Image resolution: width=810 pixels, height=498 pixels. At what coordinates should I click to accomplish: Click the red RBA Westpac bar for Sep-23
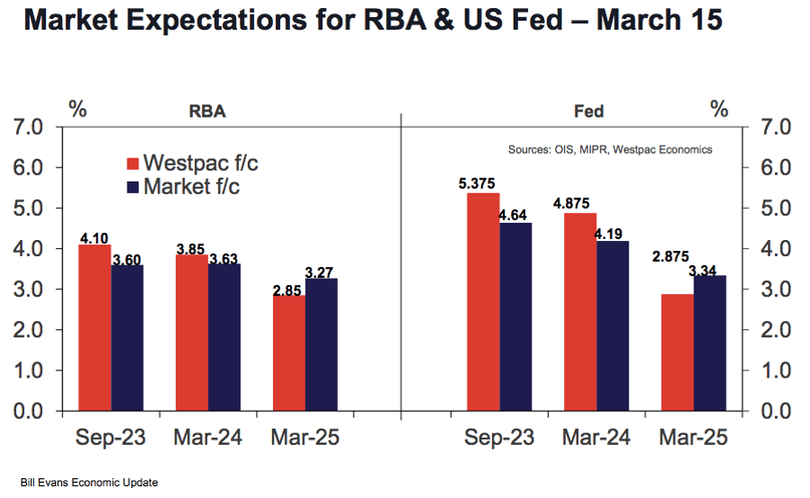coord(95,328)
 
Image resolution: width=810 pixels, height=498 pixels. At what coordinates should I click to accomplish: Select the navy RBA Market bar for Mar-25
coord(321,345)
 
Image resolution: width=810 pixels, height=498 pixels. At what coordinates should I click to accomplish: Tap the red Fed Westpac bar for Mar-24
coord(580,312)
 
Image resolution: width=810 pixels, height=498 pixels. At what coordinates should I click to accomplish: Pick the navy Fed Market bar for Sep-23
coord(515,317)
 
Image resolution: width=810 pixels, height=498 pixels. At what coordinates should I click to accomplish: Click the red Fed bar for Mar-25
coord(677,352)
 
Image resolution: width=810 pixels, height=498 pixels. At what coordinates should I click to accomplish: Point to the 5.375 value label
coord(477,183)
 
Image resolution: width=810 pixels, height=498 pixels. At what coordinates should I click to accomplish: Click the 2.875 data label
coord(671,256)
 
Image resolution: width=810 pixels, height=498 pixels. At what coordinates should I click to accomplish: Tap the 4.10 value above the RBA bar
coord(94,238)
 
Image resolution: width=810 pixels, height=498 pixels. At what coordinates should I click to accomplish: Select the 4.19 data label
coord(609,235)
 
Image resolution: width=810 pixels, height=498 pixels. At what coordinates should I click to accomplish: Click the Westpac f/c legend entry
coord(192,163)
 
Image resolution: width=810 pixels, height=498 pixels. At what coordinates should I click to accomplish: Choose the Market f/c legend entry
coord(183,187)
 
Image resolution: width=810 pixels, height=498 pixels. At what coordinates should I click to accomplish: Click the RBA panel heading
coord(207,111)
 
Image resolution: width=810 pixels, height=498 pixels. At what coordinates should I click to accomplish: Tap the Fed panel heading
coord(589,111)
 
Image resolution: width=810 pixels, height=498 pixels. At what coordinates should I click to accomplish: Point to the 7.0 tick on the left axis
coord(28,128)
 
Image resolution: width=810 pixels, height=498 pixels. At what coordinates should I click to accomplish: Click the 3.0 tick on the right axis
coord(776,289)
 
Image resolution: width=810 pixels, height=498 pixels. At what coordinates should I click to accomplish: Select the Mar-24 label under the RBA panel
coord(207,438)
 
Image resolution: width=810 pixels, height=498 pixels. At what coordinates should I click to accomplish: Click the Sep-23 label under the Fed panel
coord(499,438)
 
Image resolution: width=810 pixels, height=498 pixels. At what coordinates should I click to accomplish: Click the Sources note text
coord(610,150)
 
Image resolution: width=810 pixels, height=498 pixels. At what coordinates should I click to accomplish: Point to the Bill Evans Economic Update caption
coord(90,483)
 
